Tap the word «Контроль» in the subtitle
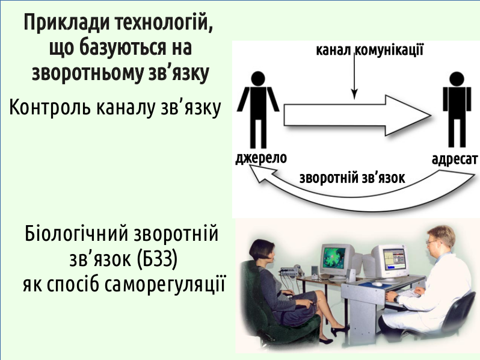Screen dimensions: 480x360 coord(49,107)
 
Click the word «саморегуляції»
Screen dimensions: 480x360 coord(165,285)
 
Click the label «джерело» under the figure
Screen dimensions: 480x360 coord(261,158)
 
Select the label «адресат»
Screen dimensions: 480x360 coord(455,160)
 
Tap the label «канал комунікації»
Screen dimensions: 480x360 coord(370,49)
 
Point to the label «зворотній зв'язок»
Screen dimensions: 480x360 coord(352,178)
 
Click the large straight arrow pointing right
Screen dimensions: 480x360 coord(357,115)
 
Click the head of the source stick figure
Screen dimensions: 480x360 coord(258,79)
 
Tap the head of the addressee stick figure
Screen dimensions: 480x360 coord(457,79)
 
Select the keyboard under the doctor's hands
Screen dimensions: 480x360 coord(407,294)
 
